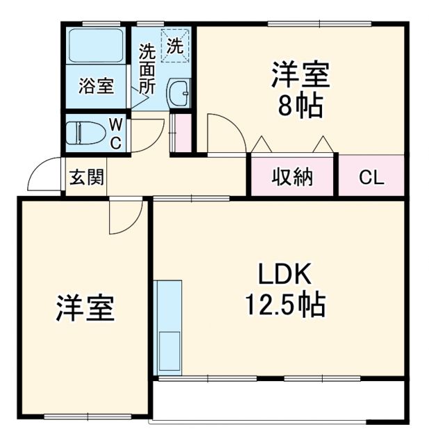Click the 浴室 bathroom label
[96, 87]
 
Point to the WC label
[116, 133]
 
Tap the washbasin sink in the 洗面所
[180, 92]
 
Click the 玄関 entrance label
[87, 178]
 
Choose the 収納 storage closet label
[292, 177]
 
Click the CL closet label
[371, 177]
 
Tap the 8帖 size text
[300, 106]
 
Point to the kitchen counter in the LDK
[169, 327]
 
